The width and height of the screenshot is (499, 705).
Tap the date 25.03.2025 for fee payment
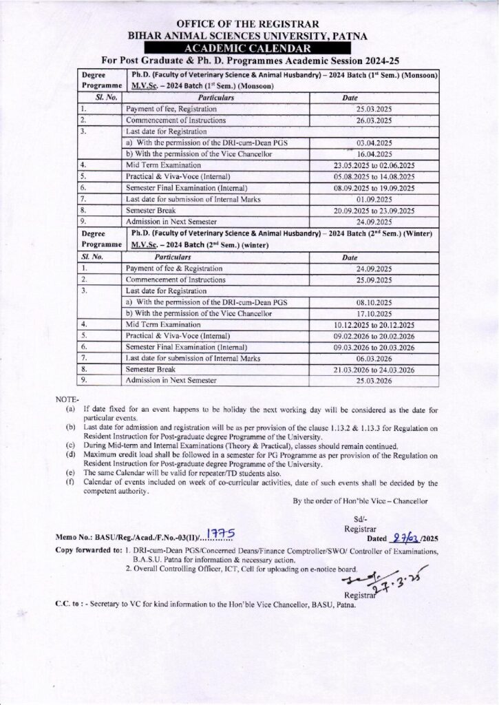point(374,109)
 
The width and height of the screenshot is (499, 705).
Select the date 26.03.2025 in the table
point(374,120)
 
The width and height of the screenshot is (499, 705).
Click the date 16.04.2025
point(374,154)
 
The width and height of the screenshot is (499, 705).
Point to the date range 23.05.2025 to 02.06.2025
point(374,165)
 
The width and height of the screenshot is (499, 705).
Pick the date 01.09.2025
point(374,199)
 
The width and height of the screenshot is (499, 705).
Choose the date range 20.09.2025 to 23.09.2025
point(374,210)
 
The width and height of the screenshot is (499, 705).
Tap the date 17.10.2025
point(374,313)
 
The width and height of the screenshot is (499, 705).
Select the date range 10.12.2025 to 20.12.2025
point(374,324)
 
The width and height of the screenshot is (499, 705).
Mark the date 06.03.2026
point(374,358)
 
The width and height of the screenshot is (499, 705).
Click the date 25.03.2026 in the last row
point(374,380)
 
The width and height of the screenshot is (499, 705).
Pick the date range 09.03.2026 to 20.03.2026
point(374,347)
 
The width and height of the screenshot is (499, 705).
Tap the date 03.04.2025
point(374,143)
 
